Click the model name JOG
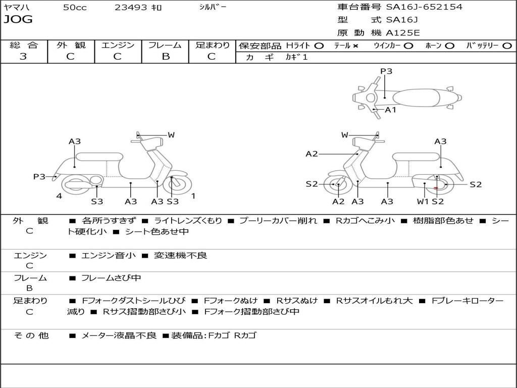click(18, 20)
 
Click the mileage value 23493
click(131, 8)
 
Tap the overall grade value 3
click(23, 57)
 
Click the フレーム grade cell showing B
click(165, 57)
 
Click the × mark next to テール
click(355, 45)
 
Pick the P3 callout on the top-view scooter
click(386, 71)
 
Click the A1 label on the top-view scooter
click(391, 110)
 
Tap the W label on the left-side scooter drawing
click(171, 135)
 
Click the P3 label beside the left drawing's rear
click(39, 176)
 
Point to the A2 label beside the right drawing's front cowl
click(312, 154)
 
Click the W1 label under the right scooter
click(423, 202)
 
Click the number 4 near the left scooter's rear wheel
click(59, 196)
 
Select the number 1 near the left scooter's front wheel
click(193, 196)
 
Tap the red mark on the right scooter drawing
click(435, 188)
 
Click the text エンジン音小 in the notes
click(109, 256)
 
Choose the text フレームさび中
click(111, 278)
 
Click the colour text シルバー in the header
click(213, 7)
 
